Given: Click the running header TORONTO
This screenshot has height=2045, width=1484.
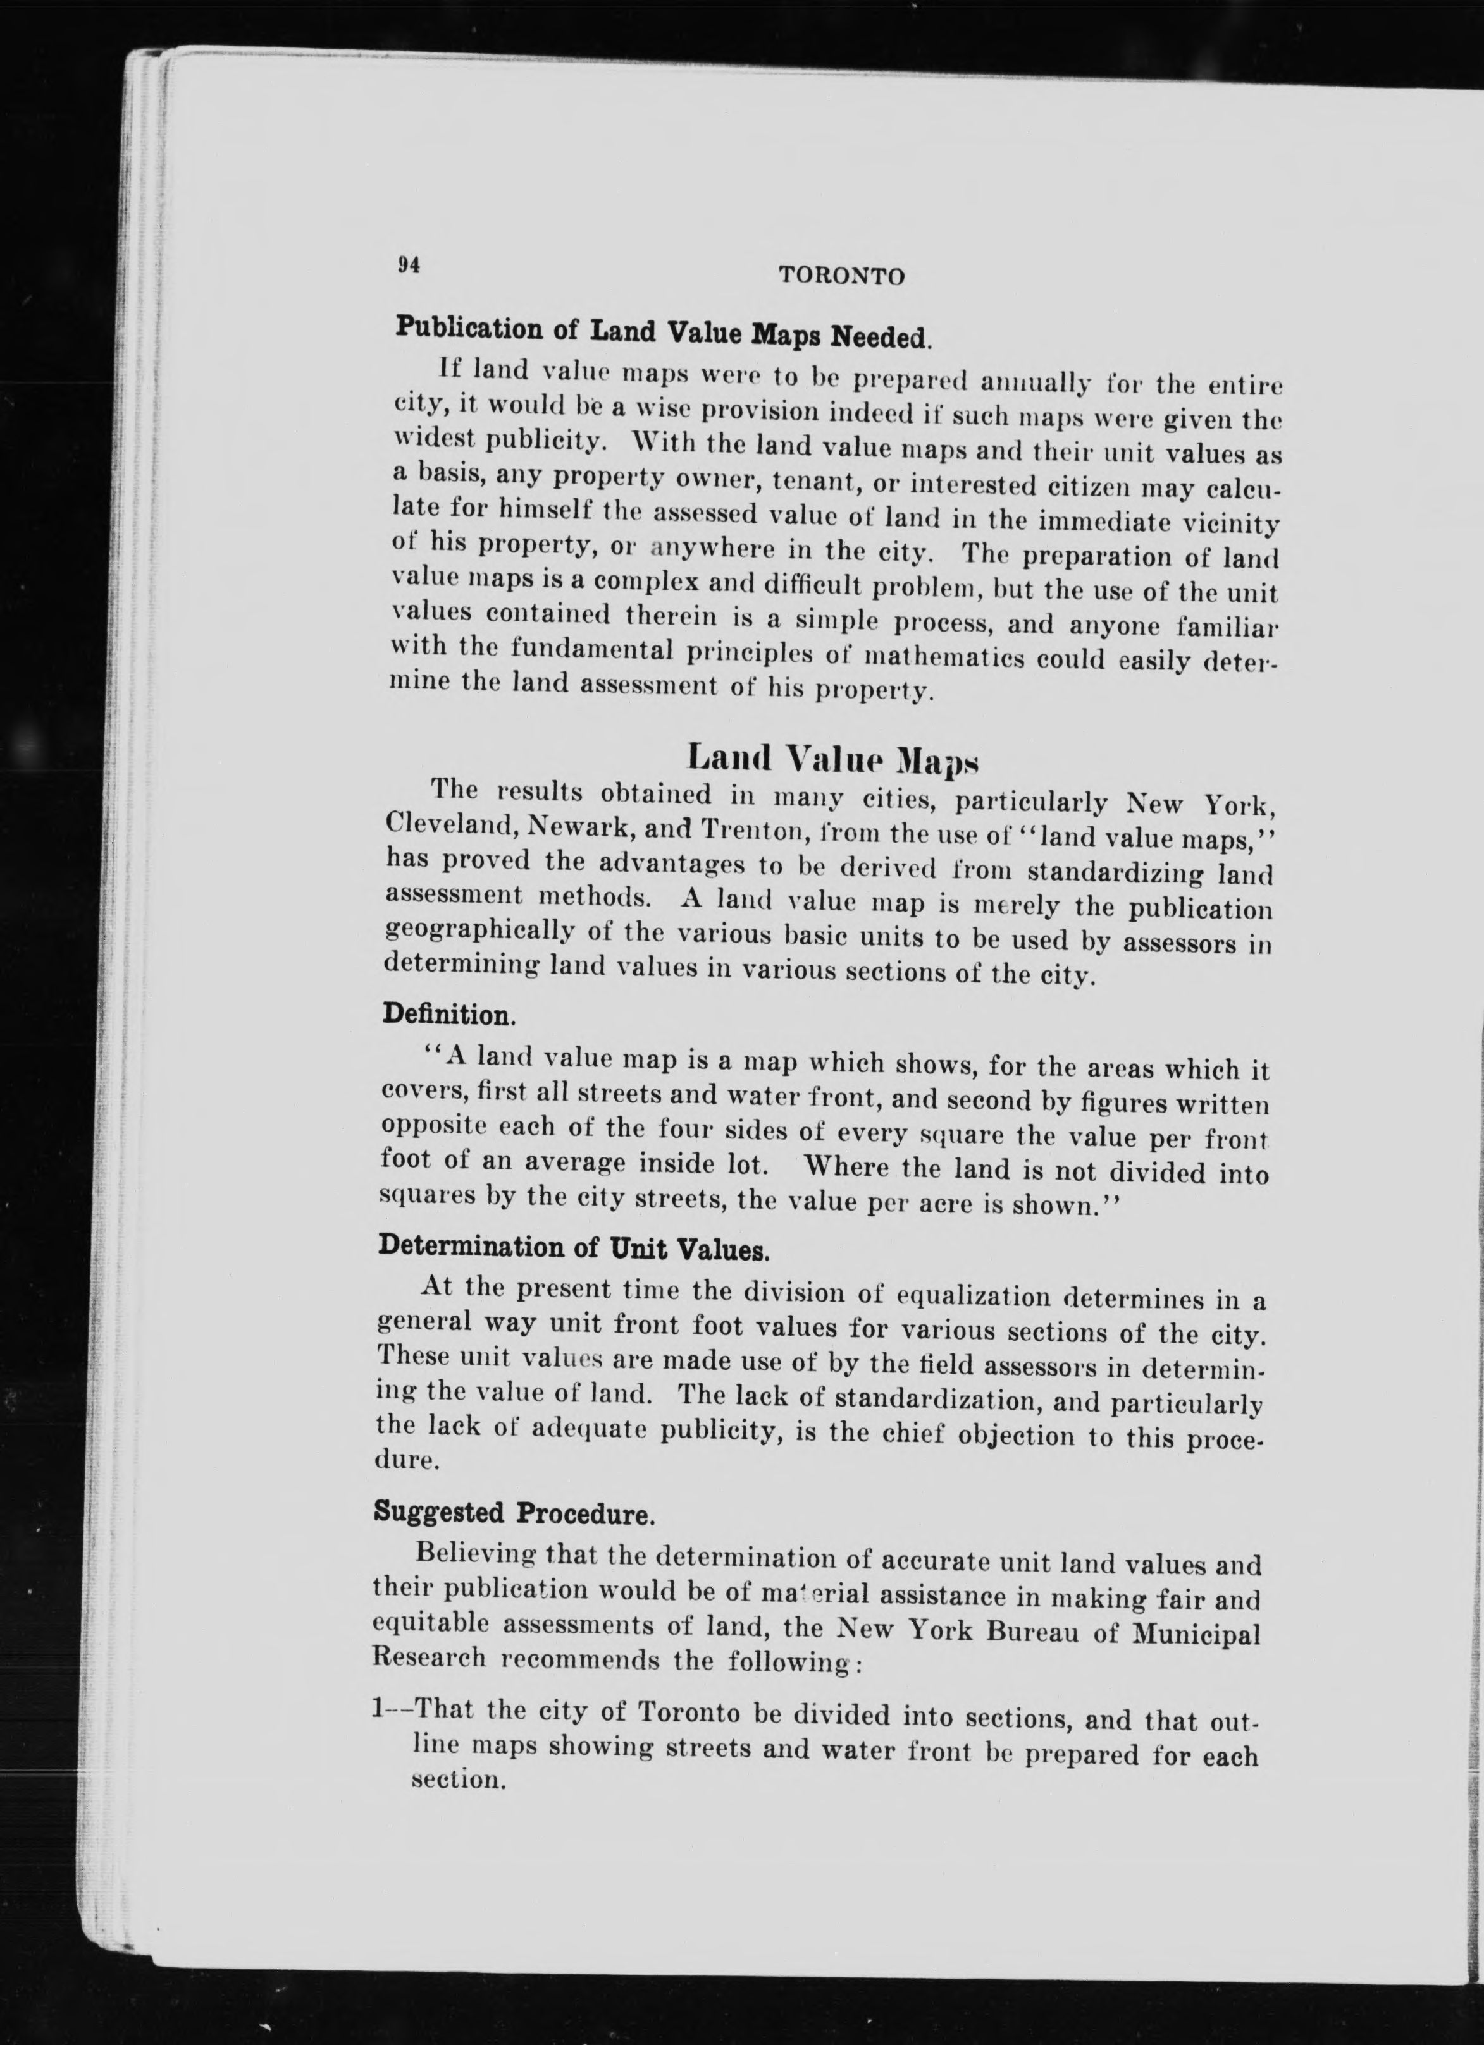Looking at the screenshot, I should click(x=841, y=276).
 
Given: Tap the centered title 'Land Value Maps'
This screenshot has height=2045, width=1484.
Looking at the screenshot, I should click(x=832, y=757).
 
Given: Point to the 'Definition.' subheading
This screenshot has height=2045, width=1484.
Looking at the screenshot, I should click(x=449, y=1015).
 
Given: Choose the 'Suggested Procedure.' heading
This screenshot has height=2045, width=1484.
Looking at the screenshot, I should click(x=513, y=1511).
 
